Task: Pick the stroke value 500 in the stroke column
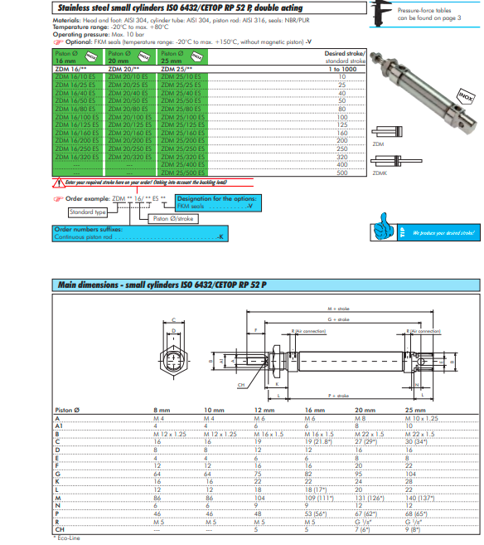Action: click(341, 173)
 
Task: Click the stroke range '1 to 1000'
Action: click(341, 69)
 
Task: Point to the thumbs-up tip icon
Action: click(384, 227)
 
